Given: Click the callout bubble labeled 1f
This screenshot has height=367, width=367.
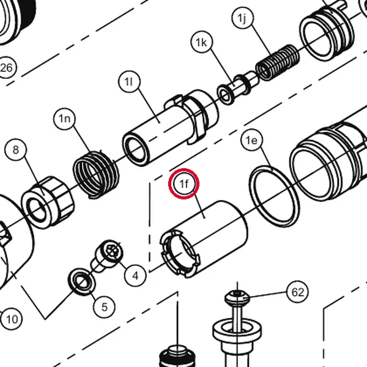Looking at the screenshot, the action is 184,183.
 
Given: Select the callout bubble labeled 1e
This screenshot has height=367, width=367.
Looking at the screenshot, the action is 251,140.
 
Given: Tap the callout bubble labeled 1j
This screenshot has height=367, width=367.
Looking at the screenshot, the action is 242,18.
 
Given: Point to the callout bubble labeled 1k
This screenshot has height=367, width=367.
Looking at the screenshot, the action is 201,42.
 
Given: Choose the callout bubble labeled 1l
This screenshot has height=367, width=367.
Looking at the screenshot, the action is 129,81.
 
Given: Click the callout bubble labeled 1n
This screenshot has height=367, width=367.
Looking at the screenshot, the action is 65,119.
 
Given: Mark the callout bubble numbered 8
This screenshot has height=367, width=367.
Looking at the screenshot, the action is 15,150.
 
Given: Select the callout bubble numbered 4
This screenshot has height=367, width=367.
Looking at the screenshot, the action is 135,275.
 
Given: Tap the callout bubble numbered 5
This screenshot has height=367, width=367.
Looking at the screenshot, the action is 104,306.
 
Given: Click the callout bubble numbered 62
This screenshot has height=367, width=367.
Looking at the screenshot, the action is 298,292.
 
